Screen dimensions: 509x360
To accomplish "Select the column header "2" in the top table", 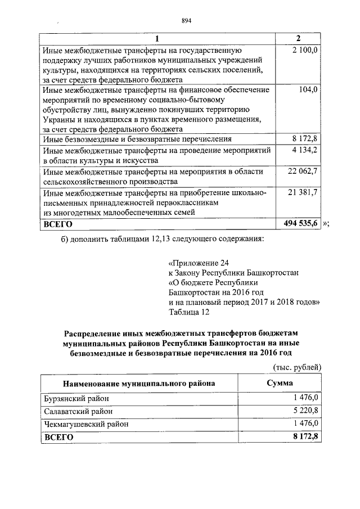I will [x=298, y=39].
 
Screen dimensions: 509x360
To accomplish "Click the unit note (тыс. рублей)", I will [x=296, y=367].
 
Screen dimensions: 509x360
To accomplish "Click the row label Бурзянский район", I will [x=76, y=398].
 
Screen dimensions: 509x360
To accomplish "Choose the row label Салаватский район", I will [x=78, y=411].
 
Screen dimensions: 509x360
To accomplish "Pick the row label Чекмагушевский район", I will [x=86, y=424].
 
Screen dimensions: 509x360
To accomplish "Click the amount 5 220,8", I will [x=305, y=411].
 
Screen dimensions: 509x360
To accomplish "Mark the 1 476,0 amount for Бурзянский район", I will [x=305, y=398].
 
